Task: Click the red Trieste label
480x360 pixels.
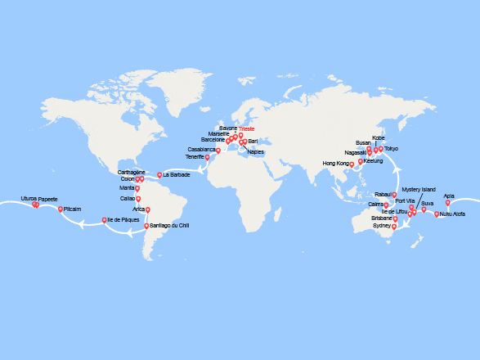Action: tap(247, 128)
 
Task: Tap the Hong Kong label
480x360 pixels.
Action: tap(336, 164)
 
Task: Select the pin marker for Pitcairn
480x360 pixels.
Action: tap(61, 209)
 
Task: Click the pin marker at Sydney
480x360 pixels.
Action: tap(394, 227)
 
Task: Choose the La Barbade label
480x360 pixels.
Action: tap(177, 175)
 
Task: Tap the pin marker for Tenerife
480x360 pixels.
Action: tap(208, 157)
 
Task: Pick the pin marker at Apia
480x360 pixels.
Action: tap(448, 203)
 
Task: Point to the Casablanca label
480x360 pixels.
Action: tap(201, 150)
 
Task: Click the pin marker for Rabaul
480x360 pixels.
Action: tap(394, 195)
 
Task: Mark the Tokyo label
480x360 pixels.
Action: tap(391, 148)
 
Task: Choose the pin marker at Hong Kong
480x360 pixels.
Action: tap(352, 164)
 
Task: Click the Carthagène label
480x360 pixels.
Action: tap(132, 173)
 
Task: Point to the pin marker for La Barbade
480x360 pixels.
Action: tap(159, 174)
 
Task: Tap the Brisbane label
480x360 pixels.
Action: tap(381, 218)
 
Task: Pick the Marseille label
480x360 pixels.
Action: tap(219, 133)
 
